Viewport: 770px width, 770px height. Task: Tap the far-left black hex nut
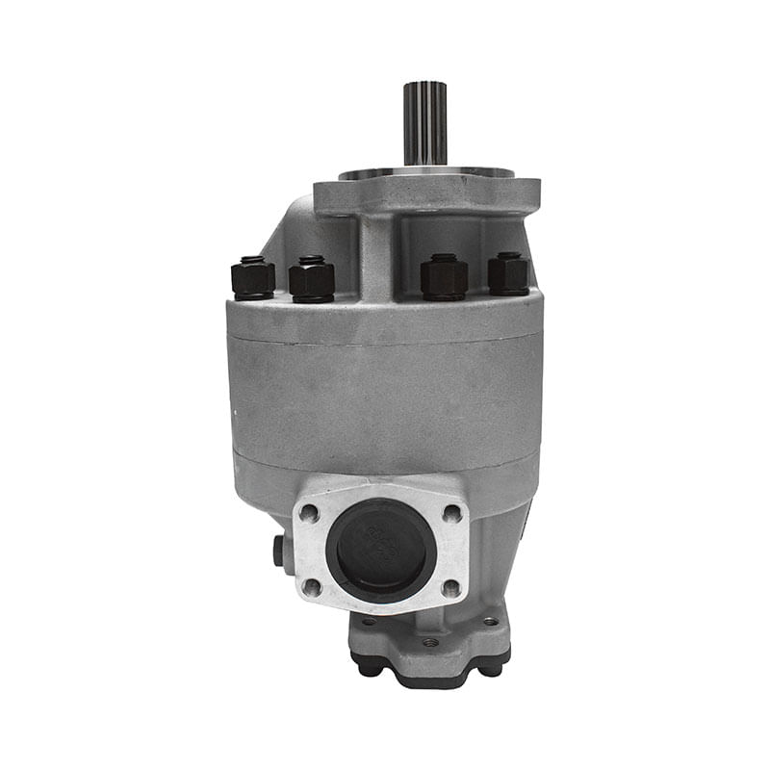pos(253,279)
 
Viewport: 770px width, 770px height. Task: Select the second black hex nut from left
pos(311,280)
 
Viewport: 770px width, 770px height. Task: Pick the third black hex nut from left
pos(444,277)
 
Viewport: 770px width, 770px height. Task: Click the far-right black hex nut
pos(508,274)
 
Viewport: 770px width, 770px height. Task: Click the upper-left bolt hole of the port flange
pos(310,512)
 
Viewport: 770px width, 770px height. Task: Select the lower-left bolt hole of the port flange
pos(311,585)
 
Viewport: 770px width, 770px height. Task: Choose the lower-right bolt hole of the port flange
pos(449,586)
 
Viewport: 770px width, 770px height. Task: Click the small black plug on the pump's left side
pos(278,550)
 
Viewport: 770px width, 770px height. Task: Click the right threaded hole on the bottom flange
pos(492,622)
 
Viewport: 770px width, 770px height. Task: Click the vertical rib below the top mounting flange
pos(376,255)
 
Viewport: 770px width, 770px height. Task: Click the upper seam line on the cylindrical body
pos(385,341)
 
